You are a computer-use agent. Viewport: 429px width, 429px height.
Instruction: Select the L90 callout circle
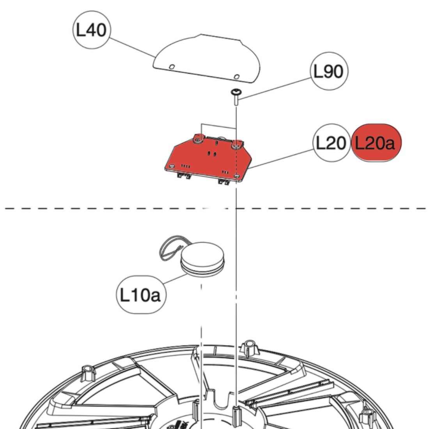[x=328, y=71]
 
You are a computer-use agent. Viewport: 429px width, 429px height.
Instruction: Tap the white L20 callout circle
[x=331, y=144]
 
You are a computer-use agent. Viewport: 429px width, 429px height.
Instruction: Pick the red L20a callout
[x=376, y=144]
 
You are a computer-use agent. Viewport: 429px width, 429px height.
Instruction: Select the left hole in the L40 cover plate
[x=171, y=67]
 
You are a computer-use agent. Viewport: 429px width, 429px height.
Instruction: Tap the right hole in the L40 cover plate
[x=236, y=76]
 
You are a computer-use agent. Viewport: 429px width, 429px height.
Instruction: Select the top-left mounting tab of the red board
[x=199, y=138]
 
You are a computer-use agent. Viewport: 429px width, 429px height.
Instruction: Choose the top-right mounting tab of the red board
[x=237, y=145]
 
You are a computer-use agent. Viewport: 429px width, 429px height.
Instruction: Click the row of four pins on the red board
[x=186, y=167]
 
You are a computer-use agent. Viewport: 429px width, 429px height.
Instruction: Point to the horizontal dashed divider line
[x=117, y=208]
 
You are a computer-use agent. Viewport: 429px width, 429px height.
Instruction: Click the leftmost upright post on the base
[x=89, y=373]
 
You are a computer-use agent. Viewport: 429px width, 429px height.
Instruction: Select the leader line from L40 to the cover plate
[x=131, y=47]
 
